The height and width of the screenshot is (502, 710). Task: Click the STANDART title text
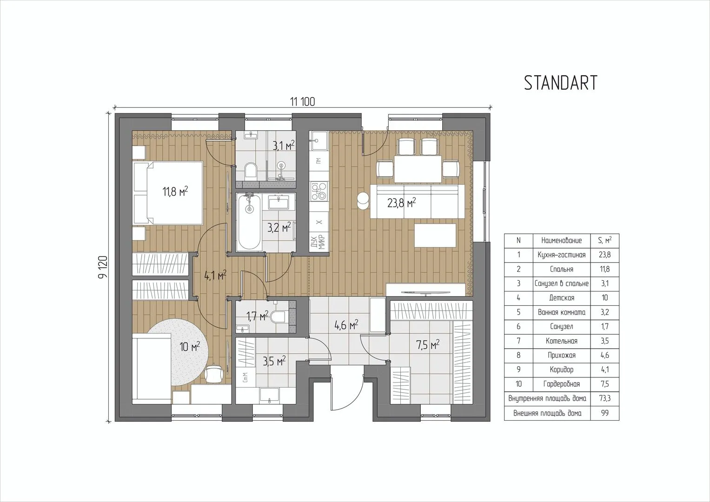(560, 83)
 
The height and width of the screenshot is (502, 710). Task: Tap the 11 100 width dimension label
(303, 102)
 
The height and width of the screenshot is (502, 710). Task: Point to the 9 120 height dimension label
(103, 267)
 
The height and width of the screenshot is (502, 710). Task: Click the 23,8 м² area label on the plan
(402, 203)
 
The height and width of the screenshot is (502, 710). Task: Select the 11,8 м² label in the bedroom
(175, 192)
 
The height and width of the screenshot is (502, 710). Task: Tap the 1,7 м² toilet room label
(258, 316)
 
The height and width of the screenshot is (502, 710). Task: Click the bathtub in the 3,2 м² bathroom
(250, 222)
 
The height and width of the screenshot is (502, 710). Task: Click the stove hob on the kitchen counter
(319, 191)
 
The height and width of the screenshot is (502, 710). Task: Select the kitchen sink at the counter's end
(319, 141)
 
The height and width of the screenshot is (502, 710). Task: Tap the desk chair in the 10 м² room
(214, 373)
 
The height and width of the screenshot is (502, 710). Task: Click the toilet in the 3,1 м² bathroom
(251, 171)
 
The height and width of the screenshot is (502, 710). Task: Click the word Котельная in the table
(561, 341)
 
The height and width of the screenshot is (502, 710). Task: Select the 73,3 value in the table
(605, 398)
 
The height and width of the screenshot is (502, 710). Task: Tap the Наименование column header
(561, 241)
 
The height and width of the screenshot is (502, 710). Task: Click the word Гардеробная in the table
(561, 384)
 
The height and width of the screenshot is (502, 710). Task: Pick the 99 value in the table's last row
(604, 413)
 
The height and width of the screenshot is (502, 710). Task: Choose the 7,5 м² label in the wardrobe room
(428, 345)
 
